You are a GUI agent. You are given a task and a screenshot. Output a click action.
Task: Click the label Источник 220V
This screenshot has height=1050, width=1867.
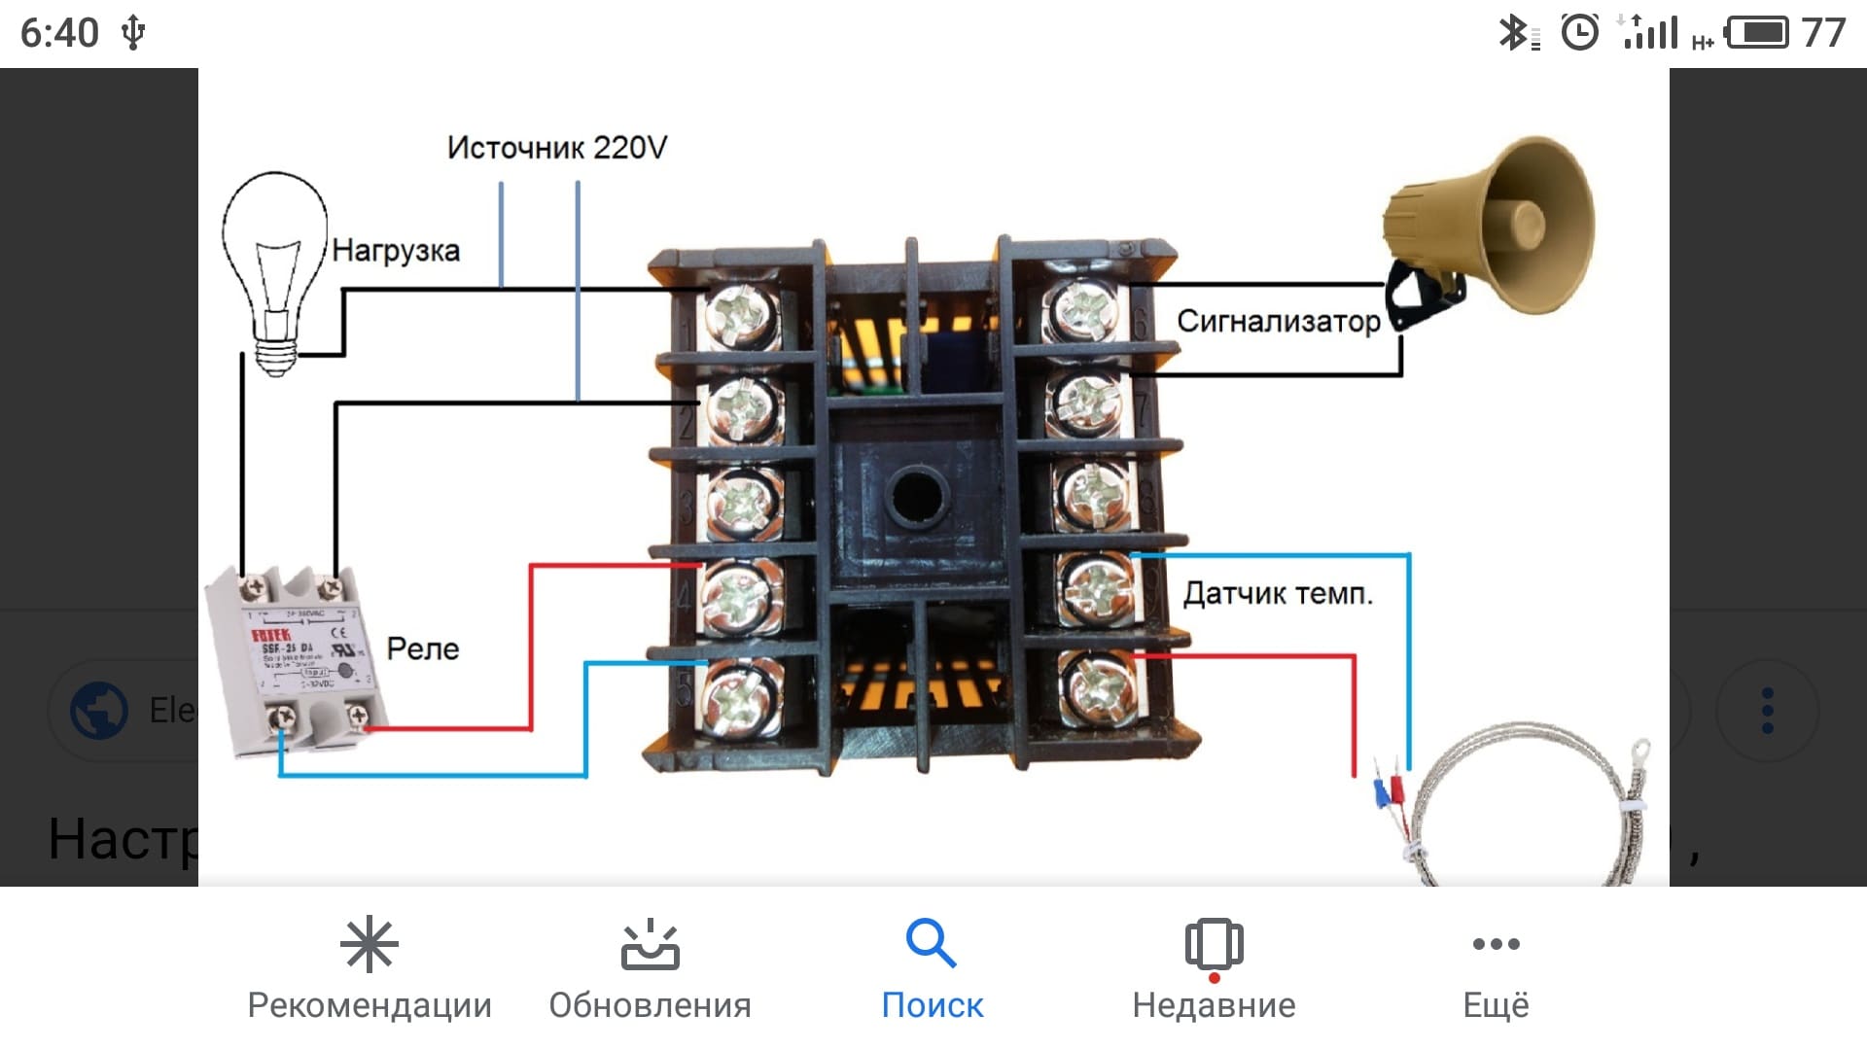[556, 148]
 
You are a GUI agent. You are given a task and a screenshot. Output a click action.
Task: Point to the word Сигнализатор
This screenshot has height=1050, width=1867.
[1278, 321]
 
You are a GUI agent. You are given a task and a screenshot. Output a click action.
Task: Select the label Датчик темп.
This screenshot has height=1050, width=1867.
[1277, 593]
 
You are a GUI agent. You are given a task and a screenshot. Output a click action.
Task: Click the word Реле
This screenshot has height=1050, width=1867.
[422, 648]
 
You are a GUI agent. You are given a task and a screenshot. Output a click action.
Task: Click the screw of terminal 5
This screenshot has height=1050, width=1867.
[741, 696]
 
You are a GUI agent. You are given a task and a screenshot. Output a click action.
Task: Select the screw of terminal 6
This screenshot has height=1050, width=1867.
[1085, 311]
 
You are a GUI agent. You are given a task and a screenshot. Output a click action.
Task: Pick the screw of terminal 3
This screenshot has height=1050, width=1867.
[741, 503]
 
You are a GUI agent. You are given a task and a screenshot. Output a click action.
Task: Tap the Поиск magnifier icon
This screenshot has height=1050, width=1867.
[931, 943]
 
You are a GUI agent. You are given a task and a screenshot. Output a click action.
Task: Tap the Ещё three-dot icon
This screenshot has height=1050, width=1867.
[1496, 943]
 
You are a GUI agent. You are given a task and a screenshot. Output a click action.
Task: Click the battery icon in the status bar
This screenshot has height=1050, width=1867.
[1756, 33]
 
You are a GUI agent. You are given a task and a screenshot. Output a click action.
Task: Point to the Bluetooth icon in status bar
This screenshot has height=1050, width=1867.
[1512, 33]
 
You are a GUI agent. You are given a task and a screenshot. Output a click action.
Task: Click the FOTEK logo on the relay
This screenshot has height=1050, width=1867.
[270, 635]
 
